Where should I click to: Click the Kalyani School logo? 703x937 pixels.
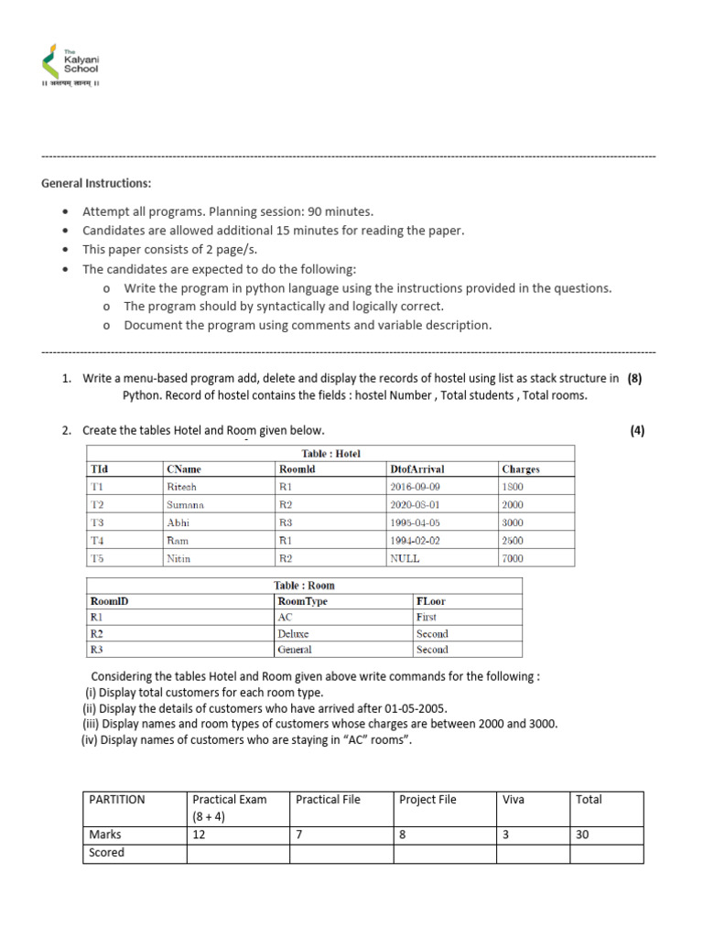pyautogui.click(x=70, y=65)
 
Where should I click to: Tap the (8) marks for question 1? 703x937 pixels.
pyautogui.click(x=634, y=378)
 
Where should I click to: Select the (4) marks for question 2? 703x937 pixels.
pyautogui.click(x=637, y=430)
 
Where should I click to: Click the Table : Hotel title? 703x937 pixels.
pyautogui.click(x=331, y=453)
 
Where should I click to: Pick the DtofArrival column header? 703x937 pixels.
pyautogui.click(x=416, y=469)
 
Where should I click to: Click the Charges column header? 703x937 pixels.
pyautogui.click(x=521, y=469)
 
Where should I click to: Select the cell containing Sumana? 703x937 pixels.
pyautogui.click(x=186, y=504)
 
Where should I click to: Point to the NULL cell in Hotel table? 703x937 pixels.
pyautogui.click(x=406, y=558)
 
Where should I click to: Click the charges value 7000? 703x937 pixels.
pyautogui.click(x=513, y=558)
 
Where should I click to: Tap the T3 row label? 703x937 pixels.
pyautogui.click(x=98, y=522)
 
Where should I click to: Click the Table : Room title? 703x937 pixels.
pyautogui.click(x=304, y=586)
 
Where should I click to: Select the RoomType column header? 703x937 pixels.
pyautogui.click(x=302, y=602)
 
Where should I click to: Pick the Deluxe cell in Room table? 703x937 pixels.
pyautogui.click(x=293, y=633)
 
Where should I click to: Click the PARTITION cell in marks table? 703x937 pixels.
pyautogui.click(x=116, y=799)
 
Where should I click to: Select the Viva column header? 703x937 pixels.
pyautogui.click(x=514, y=799)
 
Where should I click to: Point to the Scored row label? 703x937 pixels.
pyautogui.click(x=106, y=853)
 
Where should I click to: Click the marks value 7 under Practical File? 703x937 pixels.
pyautogui.click(x=299, y=835)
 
